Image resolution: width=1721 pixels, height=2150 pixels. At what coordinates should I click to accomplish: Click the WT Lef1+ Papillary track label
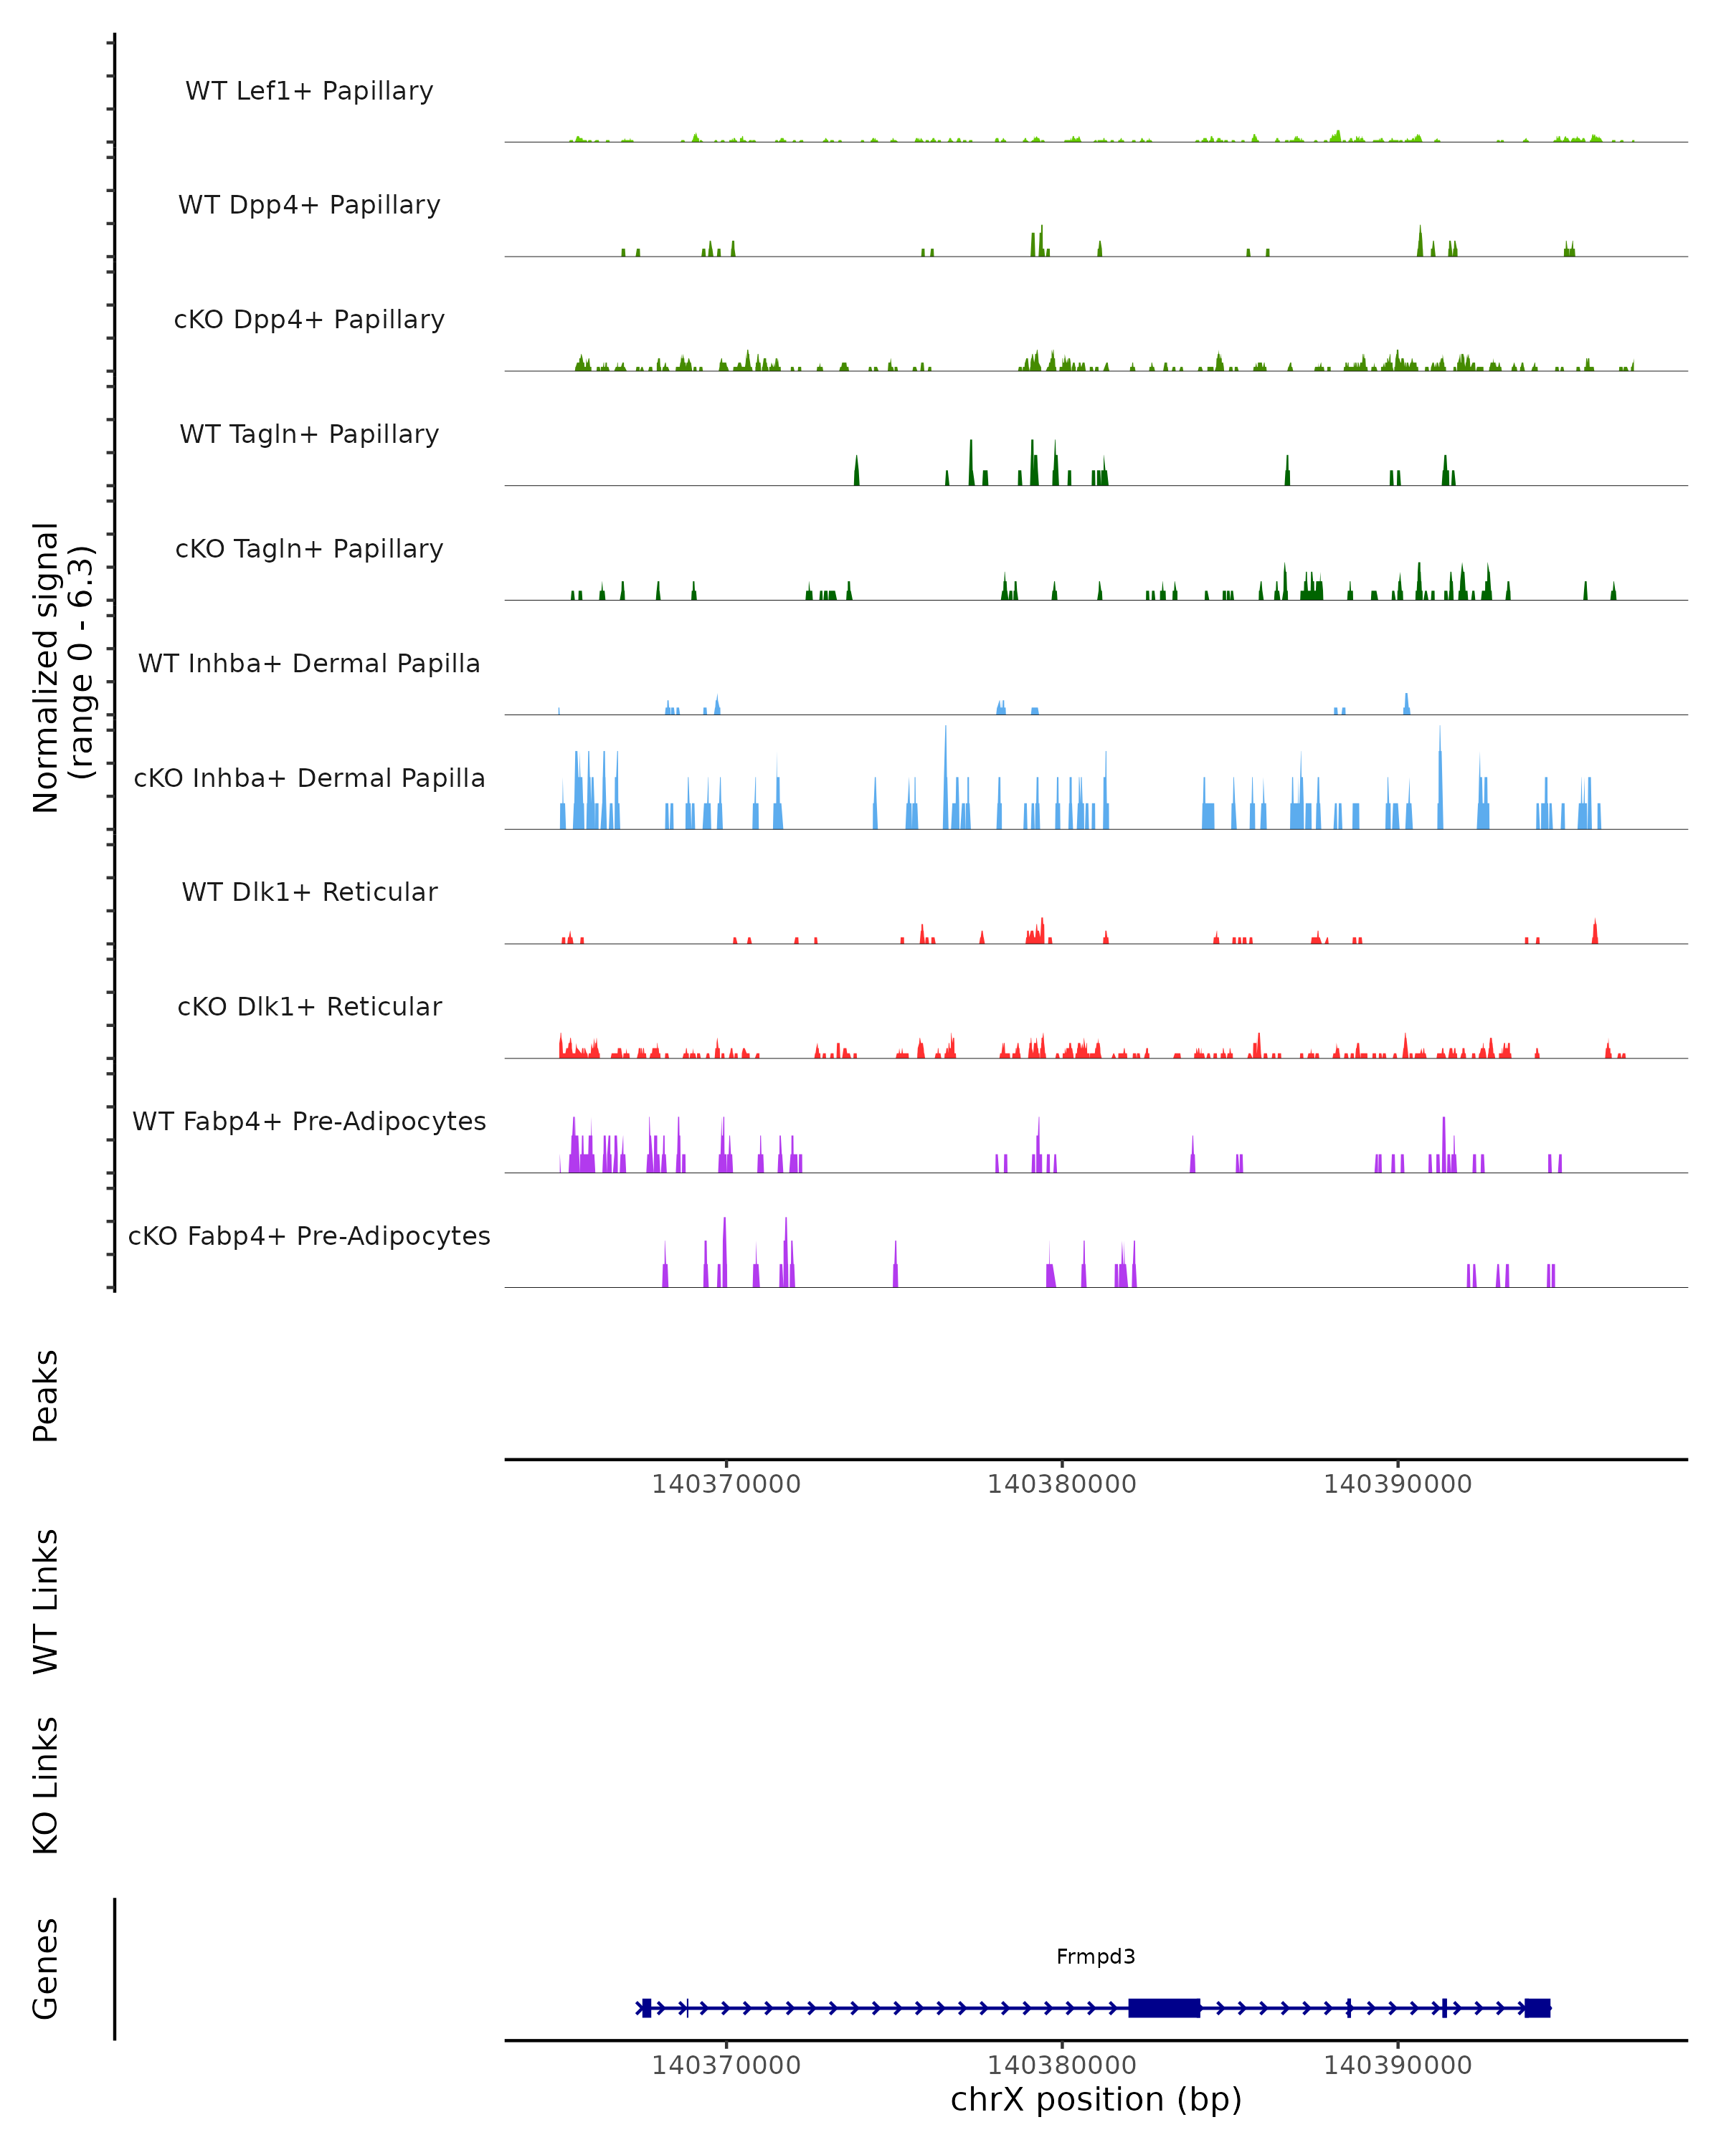pyautogui.click(x=309, y=91)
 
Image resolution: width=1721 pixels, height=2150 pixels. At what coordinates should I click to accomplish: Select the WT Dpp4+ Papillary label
pyautogui.click(x=309, y=206)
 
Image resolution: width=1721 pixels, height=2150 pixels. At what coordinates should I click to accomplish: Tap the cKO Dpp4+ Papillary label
pyautogui.click(x=309, y=320)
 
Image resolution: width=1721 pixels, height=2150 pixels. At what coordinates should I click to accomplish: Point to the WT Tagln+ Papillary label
pyautogui.click(x=309, y=435)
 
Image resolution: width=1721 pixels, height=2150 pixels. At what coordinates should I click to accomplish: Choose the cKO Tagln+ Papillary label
pyautogui.click(x=309, y=550)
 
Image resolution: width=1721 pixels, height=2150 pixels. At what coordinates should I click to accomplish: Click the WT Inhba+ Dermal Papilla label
pyautogui.click(x=309, y=664)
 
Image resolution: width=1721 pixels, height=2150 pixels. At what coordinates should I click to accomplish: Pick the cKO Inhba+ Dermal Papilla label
pyautogui.click(x=309, y=779)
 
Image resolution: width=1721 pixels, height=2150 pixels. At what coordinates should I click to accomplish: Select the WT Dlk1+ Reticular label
pyautogui.click(x=309, y=892)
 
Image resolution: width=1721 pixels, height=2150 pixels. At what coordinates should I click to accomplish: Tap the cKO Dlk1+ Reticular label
pyautogui.click(x=309, y=1007)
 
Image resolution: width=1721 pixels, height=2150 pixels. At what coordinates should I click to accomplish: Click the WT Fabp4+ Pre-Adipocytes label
pyautogui.click(x=309, y=1122)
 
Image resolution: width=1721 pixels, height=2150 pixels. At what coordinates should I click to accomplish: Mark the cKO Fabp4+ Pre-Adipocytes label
pyautogui.click(x=309, y=1236)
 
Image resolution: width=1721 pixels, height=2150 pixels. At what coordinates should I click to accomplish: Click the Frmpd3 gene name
pyautogui.click(x=1096, y=1957)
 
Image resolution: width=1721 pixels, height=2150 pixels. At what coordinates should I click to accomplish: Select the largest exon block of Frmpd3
pyautogui.click(x=1163, y=2008)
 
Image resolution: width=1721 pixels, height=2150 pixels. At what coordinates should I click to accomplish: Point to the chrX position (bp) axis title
pyautogui.click(x=1096, y=2100)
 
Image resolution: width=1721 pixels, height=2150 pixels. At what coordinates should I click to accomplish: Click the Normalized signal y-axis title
pyautogui.click(x=62, y=667)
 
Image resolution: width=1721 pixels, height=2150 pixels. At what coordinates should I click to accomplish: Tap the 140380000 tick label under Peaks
pyautogui.click(x=1061, y=1485)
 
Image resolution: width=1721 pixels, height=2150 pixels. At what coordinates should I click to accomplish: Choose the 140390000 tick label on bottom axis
pyautogui.click(x=1397, y=2066)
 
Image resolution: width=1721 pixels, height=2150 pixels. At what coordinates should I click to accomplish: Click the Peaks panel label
pyautogui.click(x=46, y=1396)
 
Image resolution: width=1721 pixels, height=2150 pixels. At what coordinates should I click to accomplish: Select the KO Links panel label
pyautogui.click(x=46, y=1785)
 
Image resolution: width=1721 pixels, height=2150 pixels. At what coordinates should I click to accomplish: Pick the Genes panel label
pyautogui.click(x=46, y=1969)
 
